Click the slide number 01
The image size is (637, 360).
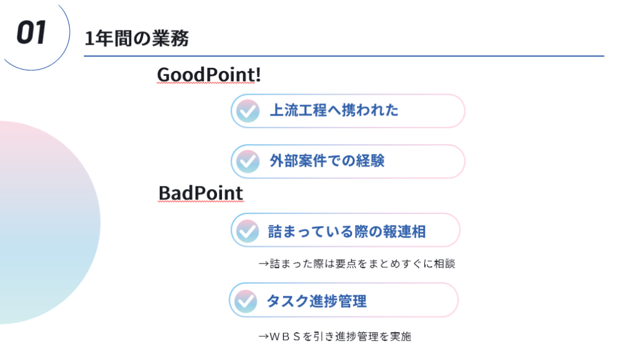[31, 32]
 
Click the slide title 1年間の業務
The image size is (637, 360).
[136, 39]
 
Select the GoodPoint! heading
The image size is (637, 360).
[209, 75]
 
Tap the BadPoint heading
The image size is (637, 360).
[201, 193]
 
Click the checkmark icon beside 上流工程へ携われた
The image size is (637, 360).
[248, 111]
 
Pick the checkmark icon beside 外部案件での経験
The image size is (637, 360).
[248, 162]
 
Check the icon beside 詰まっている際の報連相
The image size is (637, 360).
[248, 231]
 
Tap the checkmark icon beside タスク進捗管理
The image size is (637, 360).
[246, 301]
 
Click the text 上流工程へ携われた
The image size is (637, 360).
[334, 111]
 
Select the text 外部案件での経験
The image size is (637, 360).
[327, 160]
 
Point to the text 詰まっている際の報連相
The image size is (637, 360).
[347, 232]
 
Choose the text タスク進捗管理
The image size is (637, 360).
[317, 301]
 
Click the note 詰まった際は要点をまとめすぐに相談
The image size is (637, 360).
[363, 264]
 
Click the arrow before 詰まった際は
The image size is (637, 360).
[264, 264]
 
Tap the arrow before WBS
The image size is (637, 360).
[264, 336]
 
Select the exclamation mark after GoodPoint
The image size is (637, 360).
[258, 75]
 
